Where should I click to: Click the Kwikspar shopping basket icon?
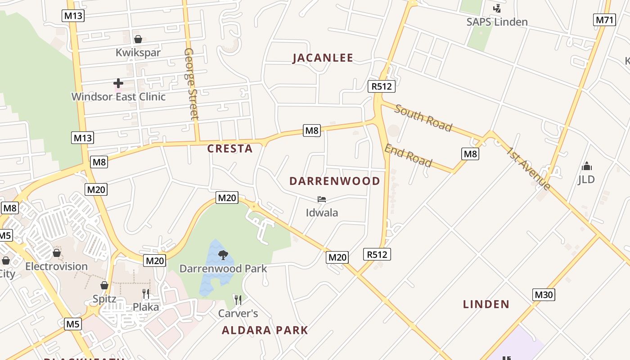click(x=138, y=40)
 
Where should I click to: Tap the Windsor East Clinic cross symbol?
click(x=118, y=83)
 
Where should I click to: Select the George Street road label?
click(x=191, y=84)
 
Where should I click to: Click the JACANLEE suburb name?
click(x=323, y=58)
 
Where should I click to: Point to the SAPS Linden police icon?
click(x=497, y=8)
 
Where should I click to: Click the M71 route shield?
click(x=604, y=20)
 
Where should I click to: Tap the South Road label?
click(x=423, y=117)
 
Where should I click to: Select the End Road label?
click(x=408, y=156)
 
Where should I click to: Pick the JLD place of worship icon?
click(x=586, y=166)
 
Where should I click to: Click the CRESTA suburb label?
click(x=230, y=149)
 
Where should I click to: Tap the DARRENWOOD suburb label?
click(x=335, y=181)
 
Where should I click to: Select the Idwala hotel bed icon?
click(x=322, y=199)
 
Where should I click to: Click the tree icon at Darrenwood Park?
click(x=223, y=255)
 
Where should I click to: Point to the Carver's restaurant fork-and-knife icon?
click(x=238, y=300)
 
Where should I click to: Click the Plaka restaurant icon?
click(x=146, y=294)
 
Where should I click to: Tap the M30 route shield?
click(x=544, y=295)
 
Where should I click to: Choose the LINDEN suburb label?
click(x=486, y=304)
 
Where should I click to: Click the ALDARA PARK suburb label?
click(x=265, y=330)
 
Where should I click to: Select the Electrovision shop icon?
click(x=57, y=253)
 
